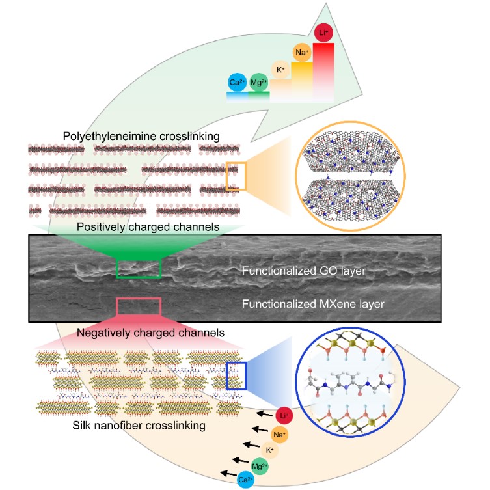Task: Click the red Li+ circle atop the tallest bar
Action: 323,33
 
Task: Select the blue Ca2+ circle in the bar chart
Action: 236,83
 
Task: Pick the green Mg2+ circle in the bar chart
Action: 258,83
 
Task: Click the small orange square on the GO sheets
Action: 236,176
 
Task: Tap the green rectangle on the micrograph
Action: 138,267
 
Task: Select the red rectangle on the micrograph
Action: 138,307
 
